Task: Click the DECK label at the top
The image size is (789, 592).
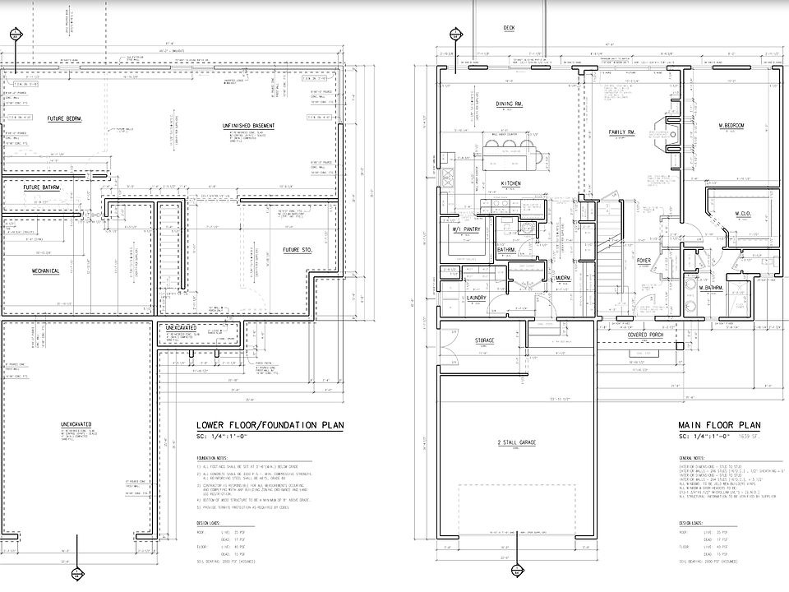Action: pyautogui.click(x=509, y=28)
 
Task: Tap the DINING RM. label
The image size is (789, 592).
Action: pyautogui.click(x=510, y=104)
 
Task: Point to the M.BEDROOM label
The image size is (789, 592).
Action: pyautogui.click(x=725, y=125)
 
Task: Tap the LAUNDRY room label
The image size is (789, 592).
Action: pyautogui.click(x=478, y=297)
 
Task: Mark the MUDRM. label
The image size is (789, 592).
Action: pyautogui.click(x=563, y=278)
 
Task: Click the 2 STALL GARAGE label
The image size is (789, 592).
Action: pyautogui.click(x=516, y=443)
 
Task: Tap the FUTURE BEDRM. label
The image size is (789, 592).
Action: pyautogui.click(x=68, y=118)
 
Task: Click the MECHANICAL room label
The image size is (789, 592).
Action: pyautogui.click(x=44, y=271)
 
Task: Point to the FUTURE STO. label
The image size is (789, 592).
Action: pyautogui.click(x=298, y=249)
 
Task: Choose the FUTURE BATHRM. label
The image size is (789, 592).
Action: pyautogui.click(x=42, y=187)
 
